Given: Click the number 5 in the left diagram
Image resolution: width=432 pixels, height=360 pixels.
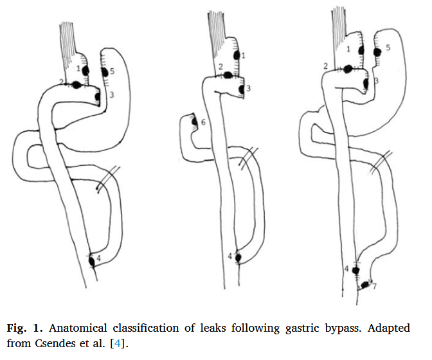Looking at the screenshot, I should coord(112,72).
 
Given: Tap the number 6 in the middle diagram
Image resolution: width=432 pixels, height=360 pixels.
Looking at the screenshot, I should coord(203,122).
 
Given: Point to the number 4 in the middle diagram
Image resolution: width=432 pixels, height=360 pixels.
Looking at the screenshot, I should coord(230,256).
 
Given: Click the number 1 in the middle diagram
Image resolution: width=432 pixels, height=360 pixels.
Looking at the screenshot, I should coord(244,57).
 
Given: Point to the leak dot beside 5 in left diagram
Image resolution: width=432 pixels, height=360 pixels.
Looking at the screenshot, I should coord(104,71).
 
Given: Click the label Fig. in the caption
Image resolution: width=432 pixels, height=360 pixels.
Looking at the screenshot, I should coord(17,328).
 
